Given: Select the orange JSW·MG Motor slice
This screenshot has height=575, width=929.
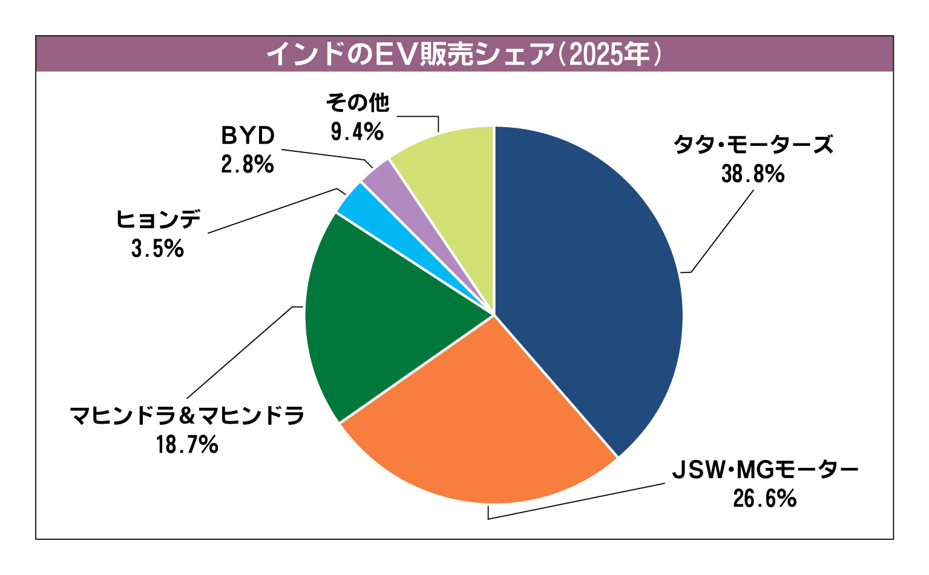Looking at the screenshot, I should click(x=478, y=424).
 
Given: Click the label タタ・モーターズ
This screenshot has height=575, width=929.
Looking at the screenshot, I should click(x=753, y=145).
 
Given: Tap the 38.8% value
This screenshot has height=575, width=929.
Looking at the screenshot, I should click(x=753, y=174).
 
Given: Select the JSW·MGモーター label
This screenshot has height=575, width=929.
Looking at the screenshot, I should click(x=765, y=470).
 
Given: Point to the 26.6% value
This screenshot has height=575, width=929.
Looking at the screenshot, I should click(x=764, y=499).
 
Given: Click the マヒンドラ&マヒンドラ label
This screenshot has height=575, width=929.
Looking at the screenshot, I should click(x=187, y=416).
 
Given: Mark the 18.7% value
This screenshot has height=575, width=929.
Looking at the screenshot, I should click(x=187, y=445).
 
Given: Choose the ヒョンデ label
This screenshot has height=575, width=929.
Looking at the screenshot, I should click(x=158, y=220).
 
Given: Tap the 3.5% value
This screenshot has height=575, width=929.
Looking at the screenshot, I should click(x=157, y=249).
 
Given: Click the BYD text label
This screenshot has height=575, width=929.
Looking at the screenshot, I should click(x=248, y=136).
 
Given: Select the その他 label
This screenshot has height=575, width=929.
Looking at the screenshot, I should click(x=357, y=103).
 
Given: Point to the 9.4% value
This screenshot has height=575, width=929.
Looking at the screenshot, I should click(x=357, y=131).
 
